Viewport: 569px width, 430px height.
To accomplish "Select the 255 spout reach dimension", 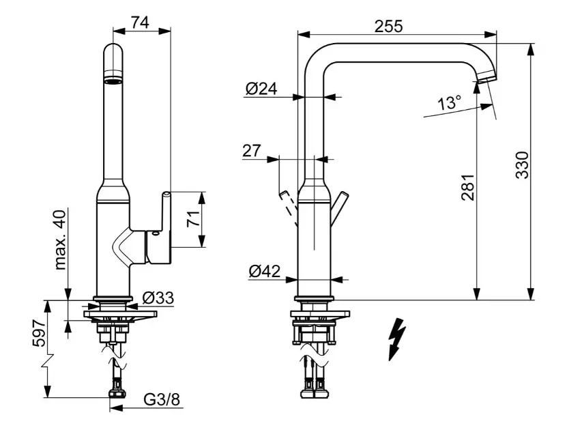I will tap(388, 25).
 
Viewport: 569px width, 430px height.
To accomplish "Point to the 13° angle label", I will tap(449, 103).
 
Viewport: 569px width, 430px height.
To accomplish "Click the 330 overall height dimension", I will tap(521, 165).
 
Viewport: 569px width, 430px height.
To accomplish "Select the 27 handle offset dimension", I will tap(252, 150).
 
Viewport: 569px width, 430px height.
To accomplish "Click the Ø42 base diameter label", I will tap(264, 271).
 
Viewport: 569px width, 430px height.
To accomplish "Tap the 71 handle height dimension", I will tap(193, 219).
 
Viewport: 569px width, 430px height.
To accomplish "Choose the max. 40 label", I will tap(60, 240).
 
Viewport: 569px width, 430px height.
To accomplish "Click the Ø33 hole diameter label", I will tap(158, 298).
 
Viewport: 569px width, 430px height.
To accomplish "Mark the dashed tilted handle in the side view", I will tap(289, 208).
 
